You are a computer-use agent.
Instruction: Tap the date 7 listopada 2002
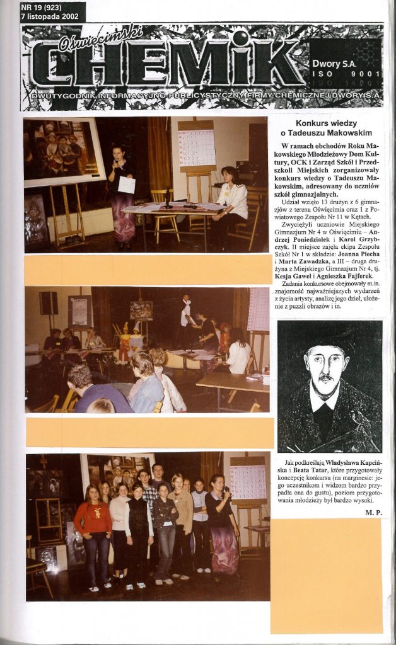(50, 17)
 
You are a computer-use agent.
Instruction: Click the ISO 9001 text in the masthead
(344, 74)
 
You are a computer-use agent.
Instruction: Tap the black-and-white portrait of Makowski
(329, 387)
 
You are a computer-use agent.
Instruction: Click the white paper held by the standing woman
(127, 185)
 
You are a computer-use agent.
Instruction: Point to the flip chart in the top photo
(197, 145)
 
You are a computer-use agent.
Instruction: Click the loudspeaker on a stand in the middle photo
(49, 304)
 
